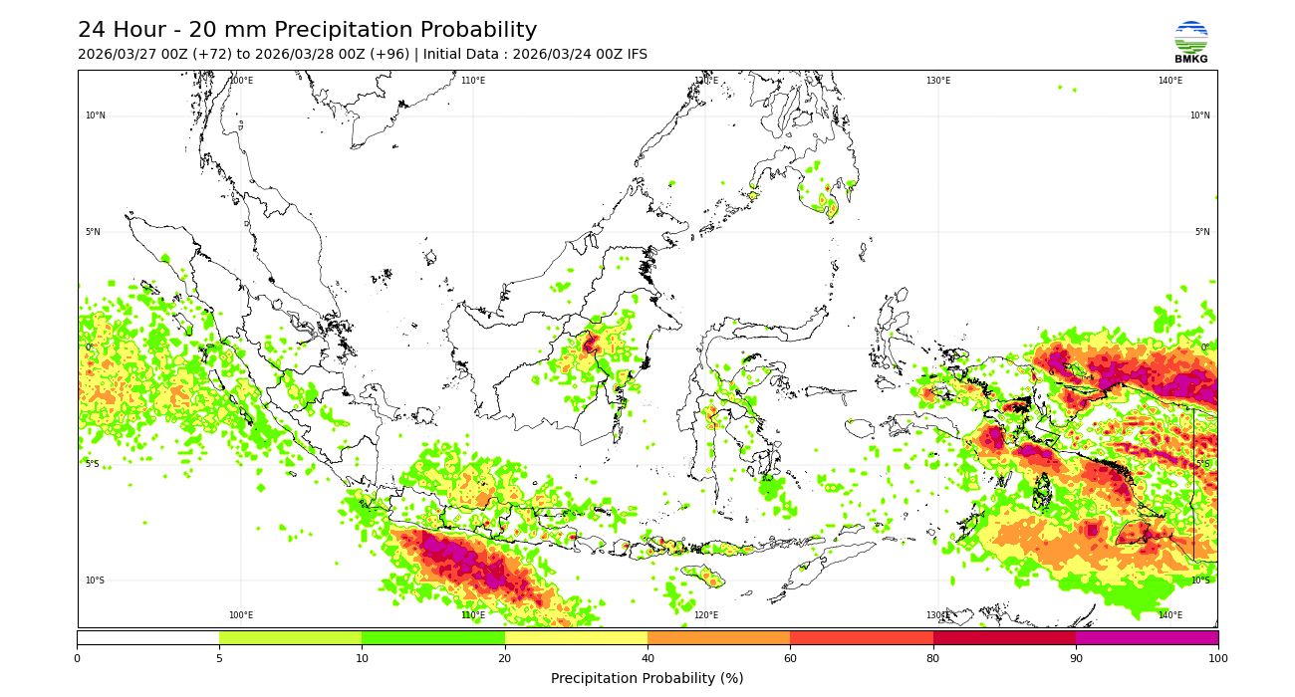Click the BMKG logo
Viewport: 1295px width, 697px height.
(x=1190, y=42)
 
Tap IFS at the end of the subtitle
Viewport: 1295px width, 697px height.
(x=636, y=55)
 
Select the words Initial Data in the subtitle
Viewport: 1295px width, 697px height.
(x=464, y=55)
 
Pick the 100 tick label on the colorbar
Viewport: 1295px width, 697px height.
(x=1217, y=658)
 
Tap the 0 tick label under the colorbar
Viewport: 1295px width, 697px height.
(x=77, y=658)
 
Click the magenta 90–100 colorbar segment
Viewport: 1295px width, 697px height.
(x=1147, y=637)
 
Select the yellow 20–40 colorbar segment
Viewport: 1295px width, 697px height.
(x=576, y=637)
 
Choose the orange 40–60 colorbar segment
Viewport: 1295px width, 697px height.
(x=718, y=637)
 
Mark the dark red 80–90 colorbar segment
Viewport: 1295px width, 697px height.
(x=1004, y=637)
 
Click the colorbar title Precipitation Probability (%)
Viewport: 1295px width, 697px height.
(x=647, y=679)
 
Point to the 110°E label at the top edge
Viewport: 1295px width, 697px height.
(x=473, y=81)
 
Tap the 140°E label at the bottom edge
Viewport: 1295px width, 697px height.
(x=1170, y=615)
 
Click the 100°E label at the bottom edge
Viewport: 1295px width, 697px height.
(x=241, y=615)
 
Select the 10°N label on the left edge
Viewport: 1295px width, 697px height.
(x=95, y=116)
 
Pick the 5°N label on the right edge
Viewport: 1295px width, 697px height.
(x=1202, y=232)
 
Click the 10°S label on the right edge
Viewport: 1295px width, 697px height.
(x=1200, y=581)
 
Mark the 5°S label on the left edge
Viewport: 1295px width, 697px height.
(x=92, y=464)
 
